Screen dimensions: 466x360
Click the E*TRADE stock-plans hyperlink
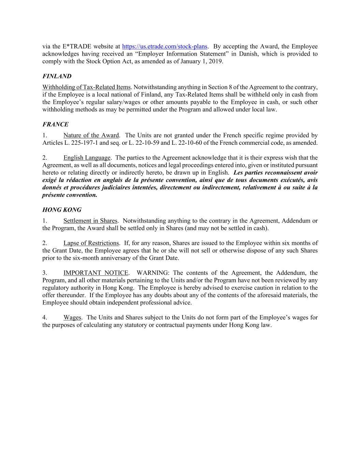point(164,46)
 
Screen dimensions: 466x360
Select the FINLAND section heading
point(57,76)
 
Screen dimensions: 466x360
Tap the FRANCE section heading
point(55,124)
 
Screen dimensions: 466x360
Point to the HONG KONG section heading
point(62,210)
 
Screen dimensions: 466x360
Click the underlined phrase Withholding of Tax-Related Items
point(86,87)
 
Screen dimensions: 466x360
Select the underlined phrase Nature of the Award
point(91,135)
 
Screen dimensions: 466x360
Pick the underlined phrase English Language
point(87,158)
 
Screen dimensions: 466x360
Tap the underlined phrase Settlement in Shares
point(90,221)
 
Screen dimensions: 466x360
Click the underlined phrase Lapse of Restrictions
point(91,243)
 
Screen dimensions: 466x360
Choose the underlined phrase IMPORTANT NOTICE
point(96,273)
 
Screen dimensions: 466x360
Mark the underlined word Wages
point(72,317)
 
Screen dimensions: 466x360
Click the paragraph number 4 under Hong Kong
point(44,317)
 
